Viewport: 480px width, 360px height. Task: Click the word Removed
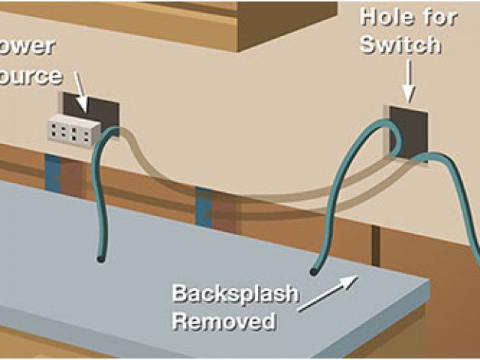tap(223, 322)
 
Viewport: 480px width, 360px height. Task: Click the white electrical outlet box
tap(73, 132)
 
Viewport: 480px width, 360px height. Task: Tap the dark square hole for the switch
tap(409, 129)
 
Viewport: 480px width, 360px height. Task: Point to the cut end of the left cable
tap(100, 259)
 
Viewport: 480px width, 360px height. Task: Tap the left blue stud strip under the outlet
tap(54, 174)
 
